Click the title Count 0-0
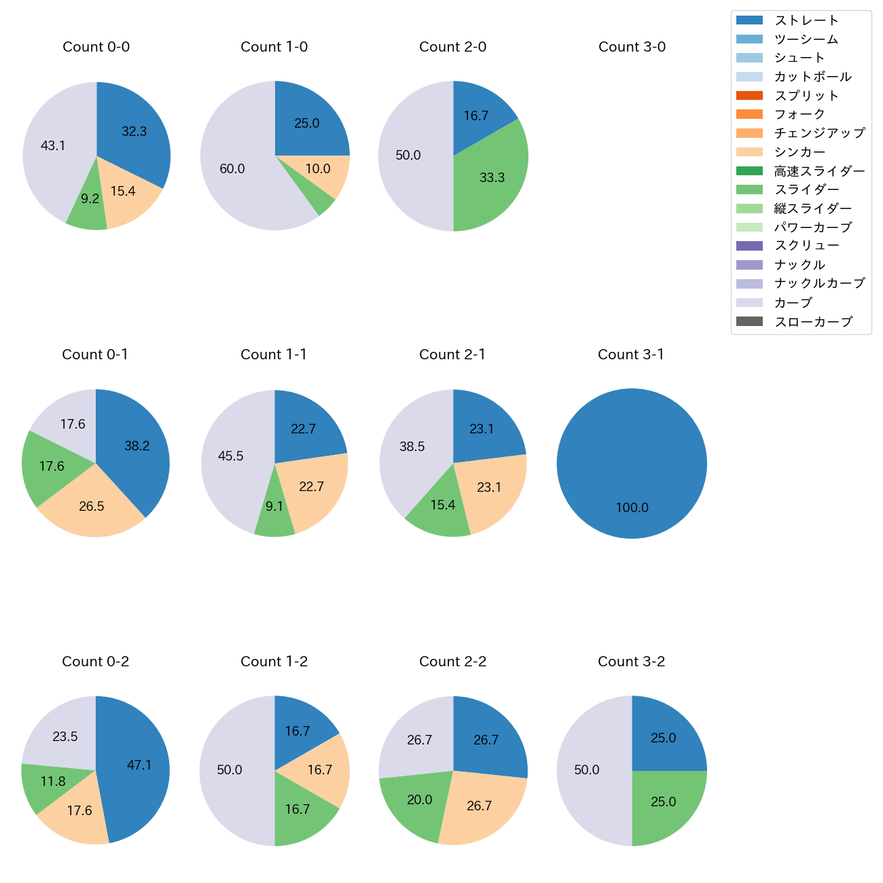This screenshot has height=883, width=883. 96,47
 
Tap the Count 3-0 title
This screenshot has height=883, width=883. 632,47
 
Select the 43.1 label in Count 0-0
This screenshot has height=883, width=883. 53,145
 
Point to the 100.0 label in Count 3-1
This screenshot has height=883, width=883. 632,507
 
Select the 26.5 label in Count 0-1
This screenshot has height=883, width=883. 92,506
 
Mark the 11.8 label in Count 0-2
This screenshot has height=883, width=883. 53,781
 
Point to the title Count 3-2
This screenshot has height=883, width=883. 631,662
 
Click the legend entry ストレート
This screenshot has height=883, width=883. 806,20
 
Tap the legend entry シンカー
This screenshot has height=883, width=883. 799,152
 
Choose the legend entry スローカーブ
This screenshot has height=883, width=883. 813,322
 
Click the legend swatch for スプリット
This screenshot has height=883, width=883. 749,96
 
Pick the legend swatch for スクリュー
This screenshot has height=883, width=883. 749,246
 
